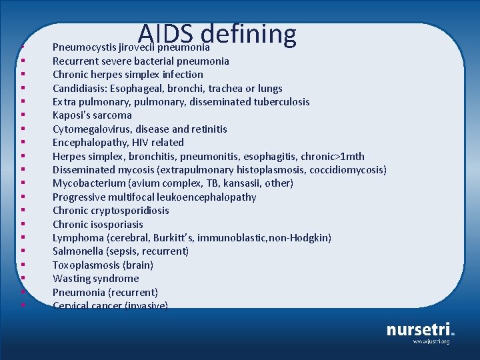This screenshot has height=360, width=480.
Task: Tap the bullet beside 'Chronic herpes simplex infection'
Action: click(23, 75)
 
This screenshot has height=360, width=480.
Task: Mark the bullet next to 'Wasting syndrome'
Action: click(23, 279)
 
